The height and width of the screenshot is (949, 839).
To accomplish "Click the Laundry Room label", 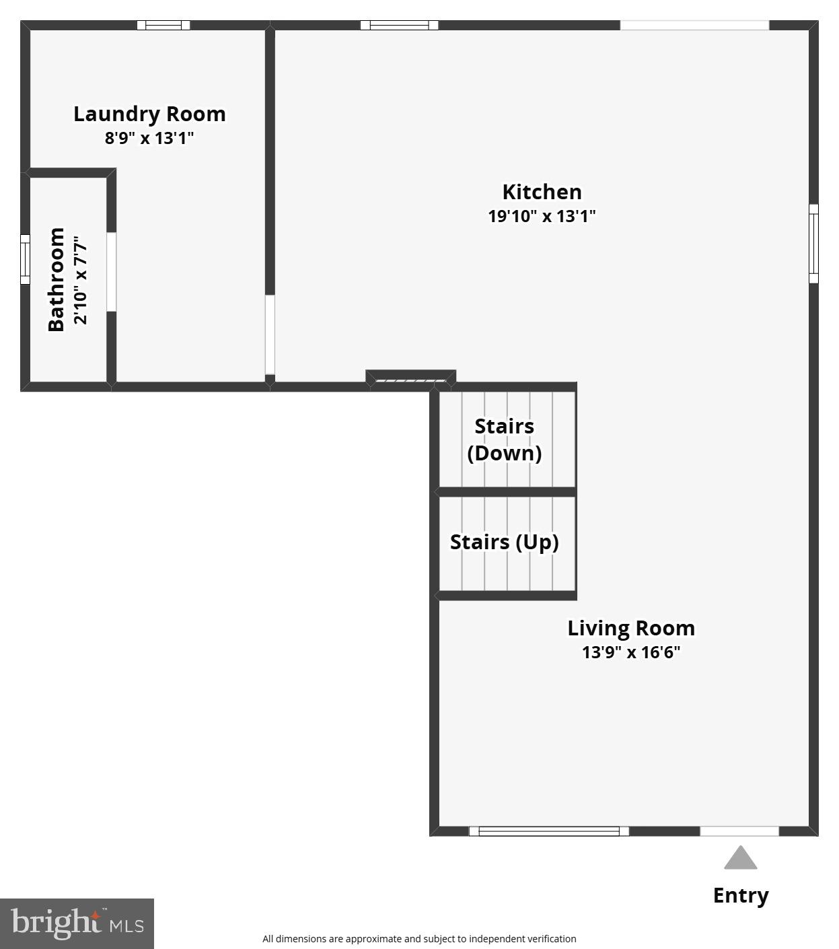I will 149,114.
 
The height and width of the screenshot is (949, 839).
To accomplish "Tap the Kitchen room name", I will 542,192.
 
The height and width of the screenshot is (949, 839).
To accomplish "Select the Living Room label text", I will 630,628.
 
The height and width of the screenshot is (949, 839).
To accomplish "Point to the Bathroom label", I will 57,279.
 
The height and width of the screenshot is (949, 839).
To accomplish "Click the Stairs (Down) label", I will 505,439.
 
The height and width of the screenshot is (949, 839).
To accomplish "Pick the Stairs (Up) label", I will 504,542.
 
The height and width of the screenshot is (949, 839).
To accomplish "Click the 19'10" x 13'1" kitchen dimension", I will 542,216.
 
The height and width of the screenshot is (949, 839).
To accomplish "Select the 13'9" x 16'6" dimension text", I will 630,652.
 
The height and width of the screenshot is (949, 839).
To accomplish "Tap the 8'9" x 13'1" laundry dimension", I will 149,138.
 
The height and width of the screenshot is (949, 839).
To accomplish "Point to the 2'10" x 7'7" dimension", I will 80,279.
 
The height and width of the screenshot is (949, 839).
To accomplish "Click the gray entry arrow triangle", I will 740,858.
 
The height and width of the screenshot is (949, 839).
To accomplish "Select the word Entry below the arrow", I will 740,895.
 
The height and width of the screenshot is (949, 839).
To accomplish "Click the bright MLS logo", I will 77,923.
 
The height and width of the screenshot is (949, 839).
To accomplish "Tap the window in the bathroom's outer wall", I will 25,259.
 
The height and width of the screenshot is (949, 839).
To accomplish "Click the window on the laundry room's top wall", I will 163,26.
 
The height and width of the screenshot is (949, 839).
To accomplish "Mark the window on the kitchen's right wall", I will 813,244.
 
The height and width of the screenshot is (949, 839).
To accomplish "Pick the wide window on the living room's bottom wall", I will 548,831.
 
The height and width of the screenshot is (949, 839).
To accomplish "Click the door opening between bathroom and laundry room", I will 112,272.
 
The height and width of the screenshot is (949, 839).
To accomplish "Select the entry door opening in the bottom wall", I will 739,831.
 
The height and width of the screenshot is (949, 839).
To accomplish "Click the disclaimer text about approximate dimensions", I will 419,939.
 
